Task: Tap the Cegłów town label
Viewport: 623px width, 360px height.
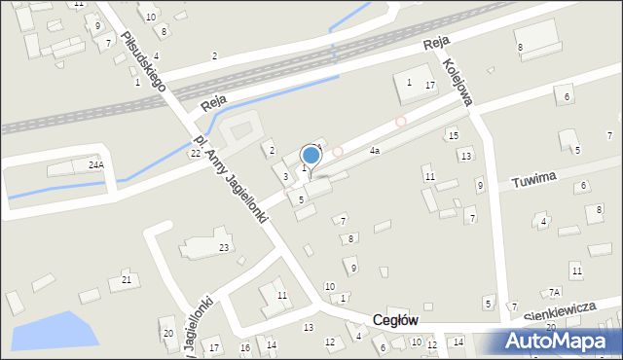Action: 395,320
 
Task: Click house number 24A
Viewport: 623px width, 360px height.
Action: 95,165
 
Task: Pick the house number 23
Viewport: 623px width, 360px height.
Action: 223,249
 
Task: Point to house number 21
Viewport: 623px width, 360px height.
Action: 126,280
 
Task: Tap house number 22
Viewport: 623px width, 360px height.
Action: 195,154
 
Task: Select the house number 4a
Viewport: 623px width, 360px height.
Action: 374,151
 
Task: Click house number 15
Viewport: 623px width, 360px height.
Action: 454,135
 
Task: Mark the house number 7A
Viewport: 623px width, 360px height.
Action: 554,292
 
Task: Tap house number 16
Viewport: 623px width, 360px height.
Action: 245,347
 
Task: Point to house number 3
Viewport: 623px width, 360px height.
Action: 285,176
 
